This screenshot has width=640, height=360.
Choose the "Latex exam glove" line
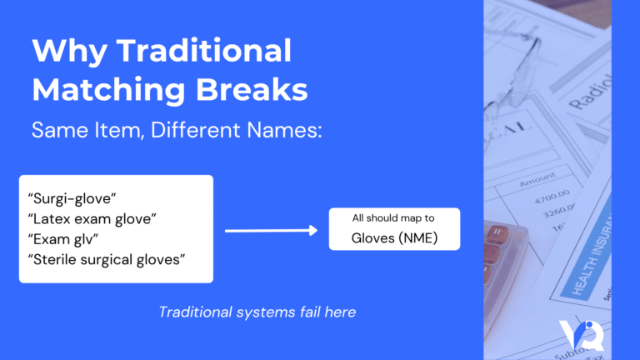pyautogui.click(x=93, y=219)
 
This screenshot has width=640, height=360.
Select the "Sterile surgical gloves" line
pyautogui.click(x=107, y=259)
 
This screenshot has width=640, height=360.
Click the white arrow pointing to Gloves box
pyautogui.click(x=272, y=230)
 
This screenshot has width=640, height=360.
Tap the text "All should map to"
pyautogui.click(x=393, y=218)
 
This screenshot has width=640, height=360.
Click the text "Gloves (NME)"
pyautogui.click(x=393, y=240)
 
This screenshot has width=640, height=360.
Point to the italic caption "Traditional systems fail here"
pyautogui.click(x=257, y=312)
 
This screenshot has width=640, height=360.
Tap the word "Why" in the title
pyautogui.click(x=65, y=52)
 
